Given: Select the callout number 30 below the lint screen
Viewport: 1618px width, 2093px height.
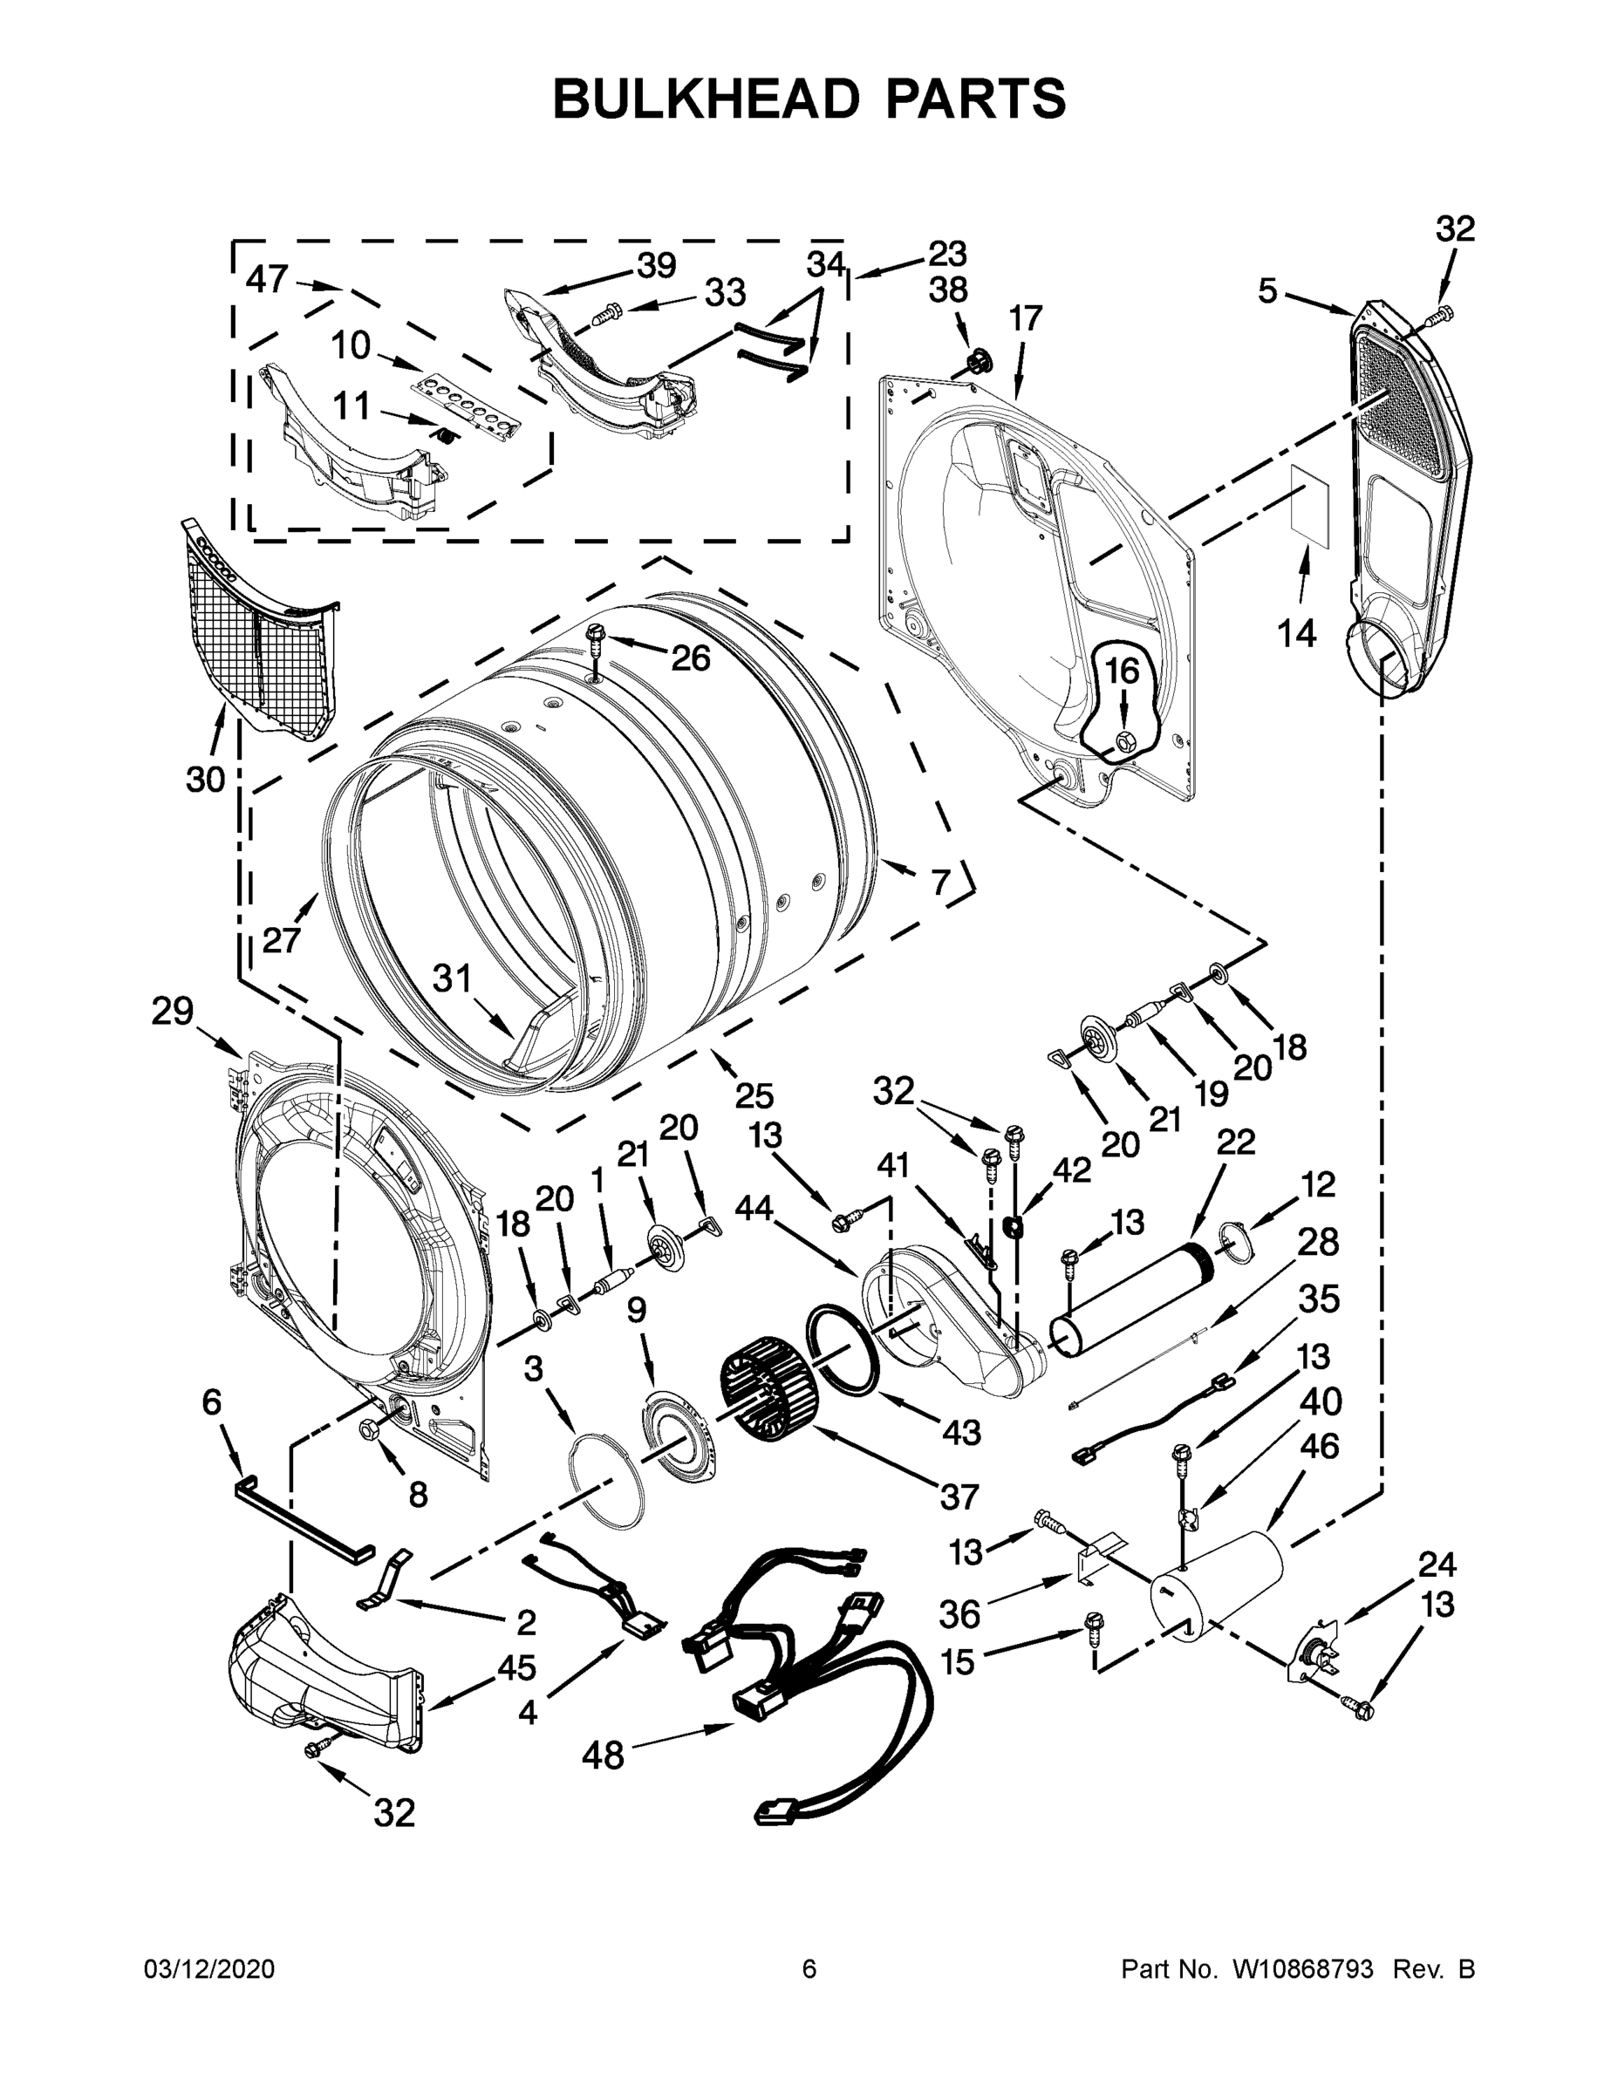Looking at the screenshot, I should point(205,781).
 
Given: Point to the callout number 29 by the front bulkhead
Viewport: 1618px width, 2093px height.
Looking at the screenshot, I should point(173,1011).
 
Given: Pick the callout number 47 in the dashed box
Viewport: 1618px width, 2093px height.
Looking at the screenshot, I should point(267,279).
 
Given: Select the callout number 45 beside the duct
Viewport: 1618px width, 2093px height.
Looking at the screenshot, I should point(515,1667).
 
